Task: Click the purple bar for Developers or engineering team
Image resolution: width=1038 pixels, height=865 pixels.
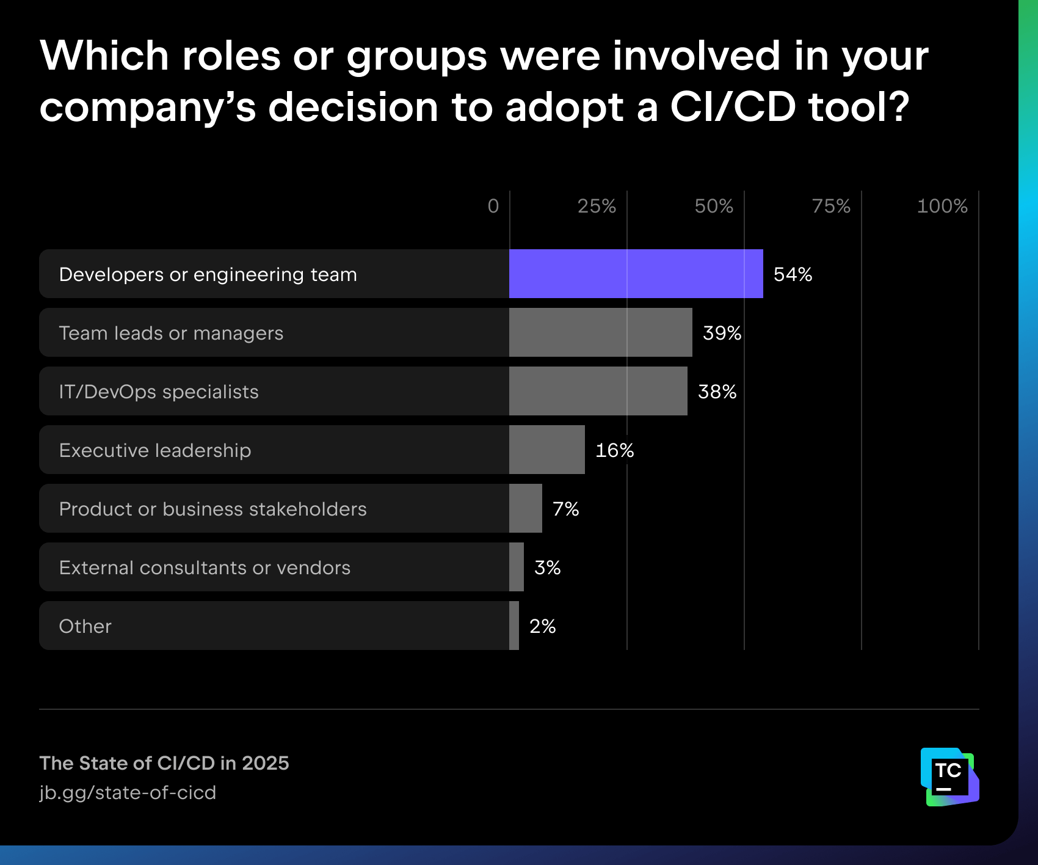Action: tap(636, 274)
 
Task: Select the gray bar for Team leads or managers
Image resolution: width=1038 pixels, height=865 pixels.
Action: tap(600, 332)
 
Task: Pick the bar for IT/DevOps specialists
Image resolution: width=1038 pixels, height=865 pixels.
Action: tap(598, 391)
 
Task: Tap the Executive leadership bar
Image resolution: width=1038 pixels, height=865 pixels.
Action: tap(546, 450)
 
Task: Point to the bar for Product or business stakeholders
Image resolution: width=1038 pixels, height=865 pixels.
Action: tap(525, 508)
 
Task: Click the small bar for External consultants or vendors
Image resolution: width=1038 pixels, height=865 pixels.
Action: tap(517, 567)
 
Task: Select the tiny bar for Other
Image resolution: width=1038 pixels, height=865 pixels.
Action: tap(514, 626)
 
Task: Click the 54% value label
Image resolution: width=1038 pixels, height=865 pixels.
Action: tap(793, 274)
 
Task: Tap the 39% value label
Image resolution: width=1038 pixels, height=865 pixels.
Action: tap(722, 333)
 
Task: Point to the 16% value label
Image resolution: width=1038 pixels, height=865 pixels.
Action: tap(614, 450)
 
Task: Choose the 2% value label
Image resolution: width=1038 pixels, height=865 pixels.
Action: tap(542, 626)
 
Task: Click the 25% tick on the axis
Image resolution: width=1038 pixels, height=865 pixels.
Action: tap(597, 206)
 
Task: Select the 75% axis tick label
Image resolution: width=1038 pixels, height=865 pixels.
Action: tap(831, 206)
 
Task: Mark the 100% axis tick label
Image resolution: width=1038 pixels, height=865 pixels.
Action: tap(942, 206)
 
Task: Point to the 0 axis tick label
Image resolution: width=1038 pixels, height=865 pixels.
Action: tap(493, 206)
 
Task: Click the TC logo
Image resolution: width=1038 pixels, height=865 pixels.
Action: tap(949, 776)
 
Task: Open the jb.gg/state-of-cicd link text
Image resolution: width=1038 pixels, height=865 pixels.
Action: tap(128, 792)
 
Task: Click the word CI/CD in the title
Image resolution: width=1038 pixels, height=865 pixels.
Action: tap(733, 107)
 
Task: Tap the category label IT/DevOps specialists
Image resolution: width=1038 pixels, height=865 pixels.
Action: tap(159, 392)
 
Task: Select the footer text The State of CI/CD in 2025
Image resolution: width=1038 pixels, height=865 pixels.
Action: tap(164, 763)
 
